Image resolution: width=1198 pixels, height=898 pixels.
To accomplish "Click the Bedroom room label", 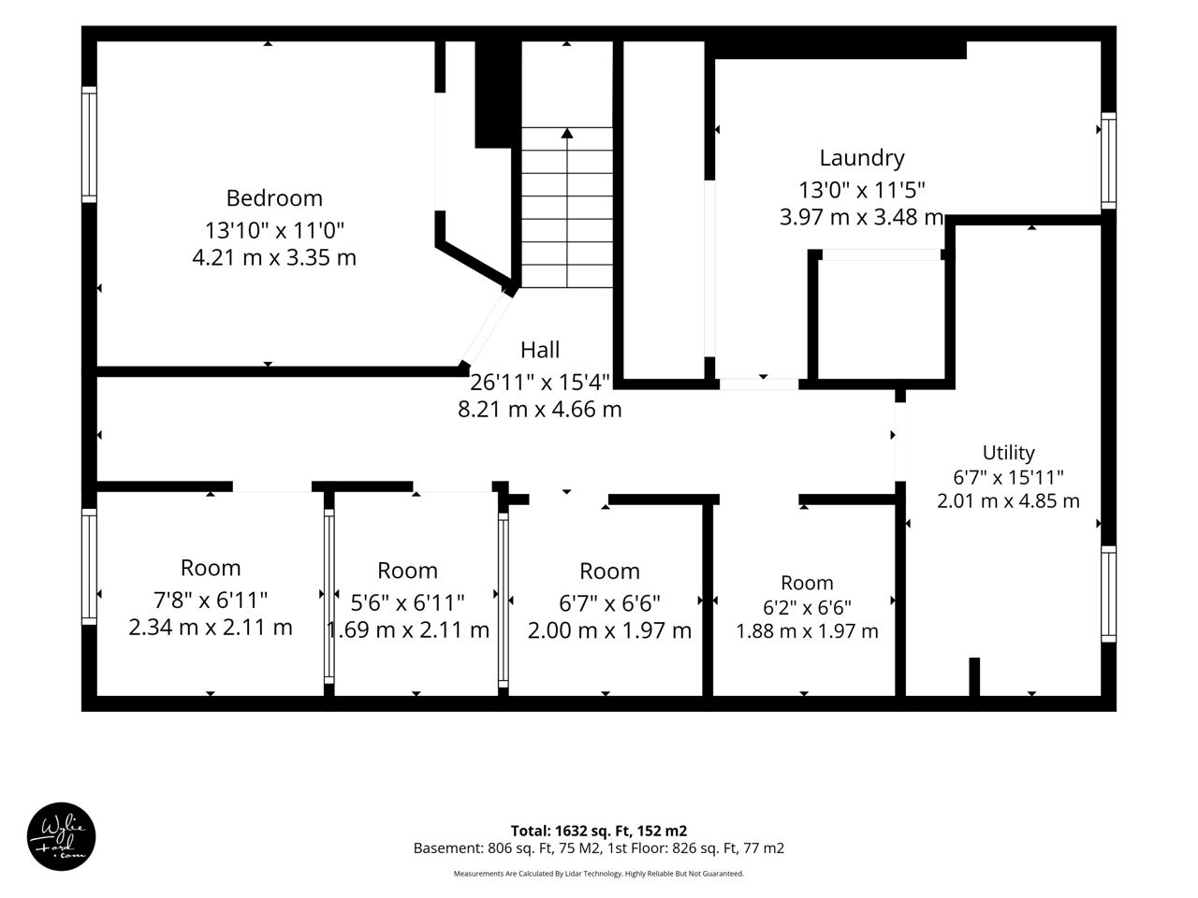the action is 274,198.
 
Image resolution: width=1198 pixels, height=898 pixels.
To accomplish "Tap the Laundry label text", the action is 862,159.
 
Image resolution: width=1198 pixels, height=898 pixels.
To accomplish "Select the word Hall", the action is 540,350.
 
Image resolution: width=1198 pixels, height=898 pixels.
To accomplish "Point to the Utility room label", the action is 1008,453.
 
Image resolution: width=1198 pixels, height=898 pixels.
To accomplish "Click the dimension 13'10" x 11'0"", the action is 274,230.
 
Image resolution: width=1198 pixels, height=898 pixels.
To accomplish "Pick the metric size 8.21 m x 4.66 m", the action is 540,410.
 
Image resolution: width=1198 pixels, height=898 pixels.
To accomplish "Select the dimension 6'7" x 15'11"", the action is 1008,477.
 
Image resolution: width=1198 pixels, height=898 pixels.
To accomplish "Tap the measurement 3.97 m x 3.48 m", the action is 862,217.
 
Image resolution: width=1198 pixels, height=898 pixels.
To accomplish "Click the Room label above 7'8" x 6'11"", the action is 211,568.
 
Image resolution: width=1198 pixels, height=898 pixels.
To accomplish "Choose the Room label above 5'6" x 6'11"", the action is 408,571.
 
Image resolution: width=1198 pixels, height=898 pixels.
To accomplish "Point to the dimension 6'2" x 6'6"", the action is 807,607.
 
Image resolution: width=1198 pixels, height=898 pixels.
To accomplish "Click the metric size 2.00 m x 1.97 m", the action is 609,630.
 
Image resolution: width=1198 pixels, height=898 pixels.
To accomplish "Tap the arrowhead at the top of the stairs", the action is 567,133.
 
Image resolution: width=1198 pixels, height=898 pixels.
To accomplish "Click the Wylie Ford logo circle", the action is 61,836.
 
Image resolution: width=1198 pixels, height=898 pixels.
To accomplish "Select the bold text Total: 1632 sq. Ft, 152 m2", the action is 599,831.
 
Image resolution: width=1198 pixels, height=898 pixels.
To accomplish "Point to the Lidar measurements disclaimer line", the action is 599,874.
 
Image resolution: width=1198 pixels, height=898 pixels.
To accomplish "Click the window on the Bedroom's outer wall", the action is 89,144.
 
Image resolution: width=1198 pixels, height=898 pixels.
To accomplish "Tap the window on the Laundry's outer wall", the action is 1108,161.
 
